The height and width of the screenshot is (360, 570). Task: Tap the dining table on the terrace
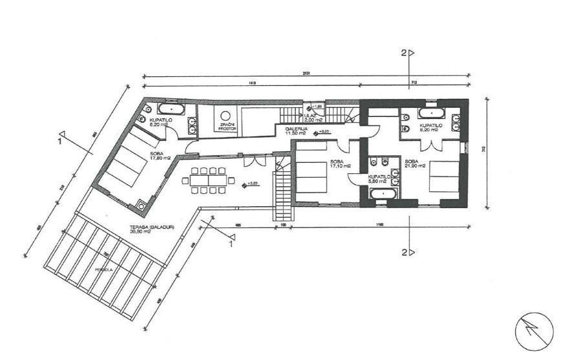pos(208,180)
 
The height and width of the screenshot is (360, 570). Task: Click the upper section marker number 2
pos(404,54)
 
